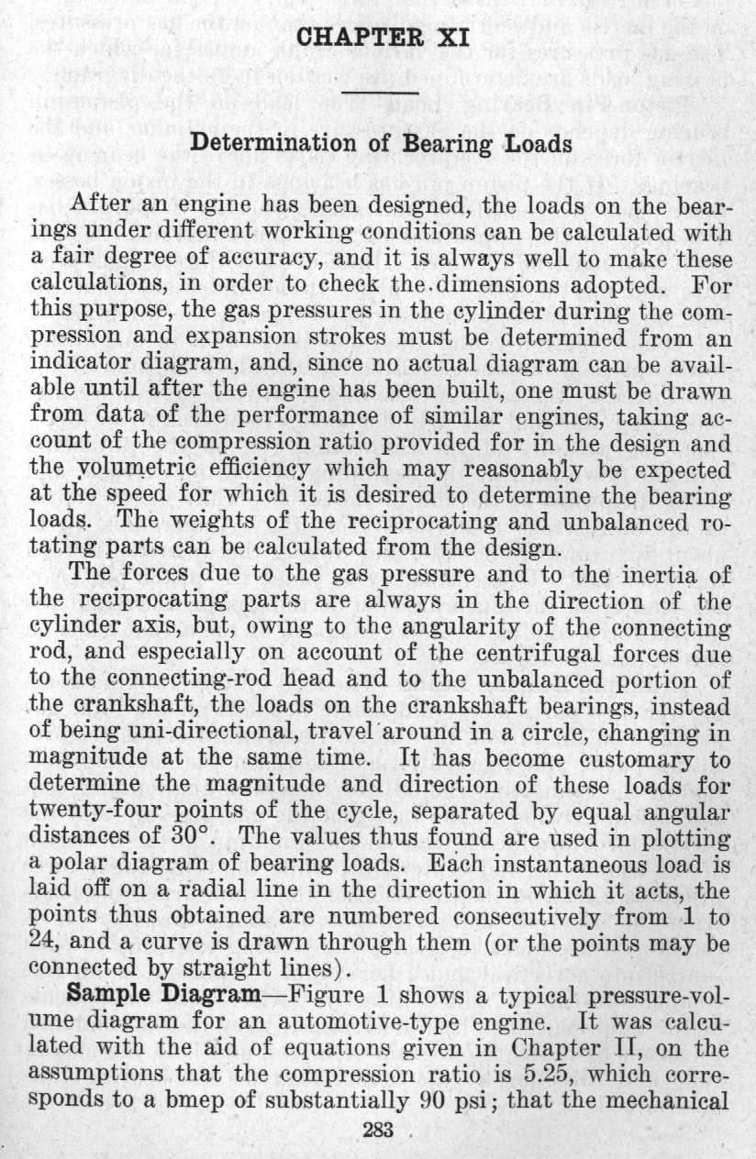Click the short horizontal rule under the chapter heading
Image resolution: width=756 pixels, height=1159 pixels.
pyautogui.click(x=379, y=94)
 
